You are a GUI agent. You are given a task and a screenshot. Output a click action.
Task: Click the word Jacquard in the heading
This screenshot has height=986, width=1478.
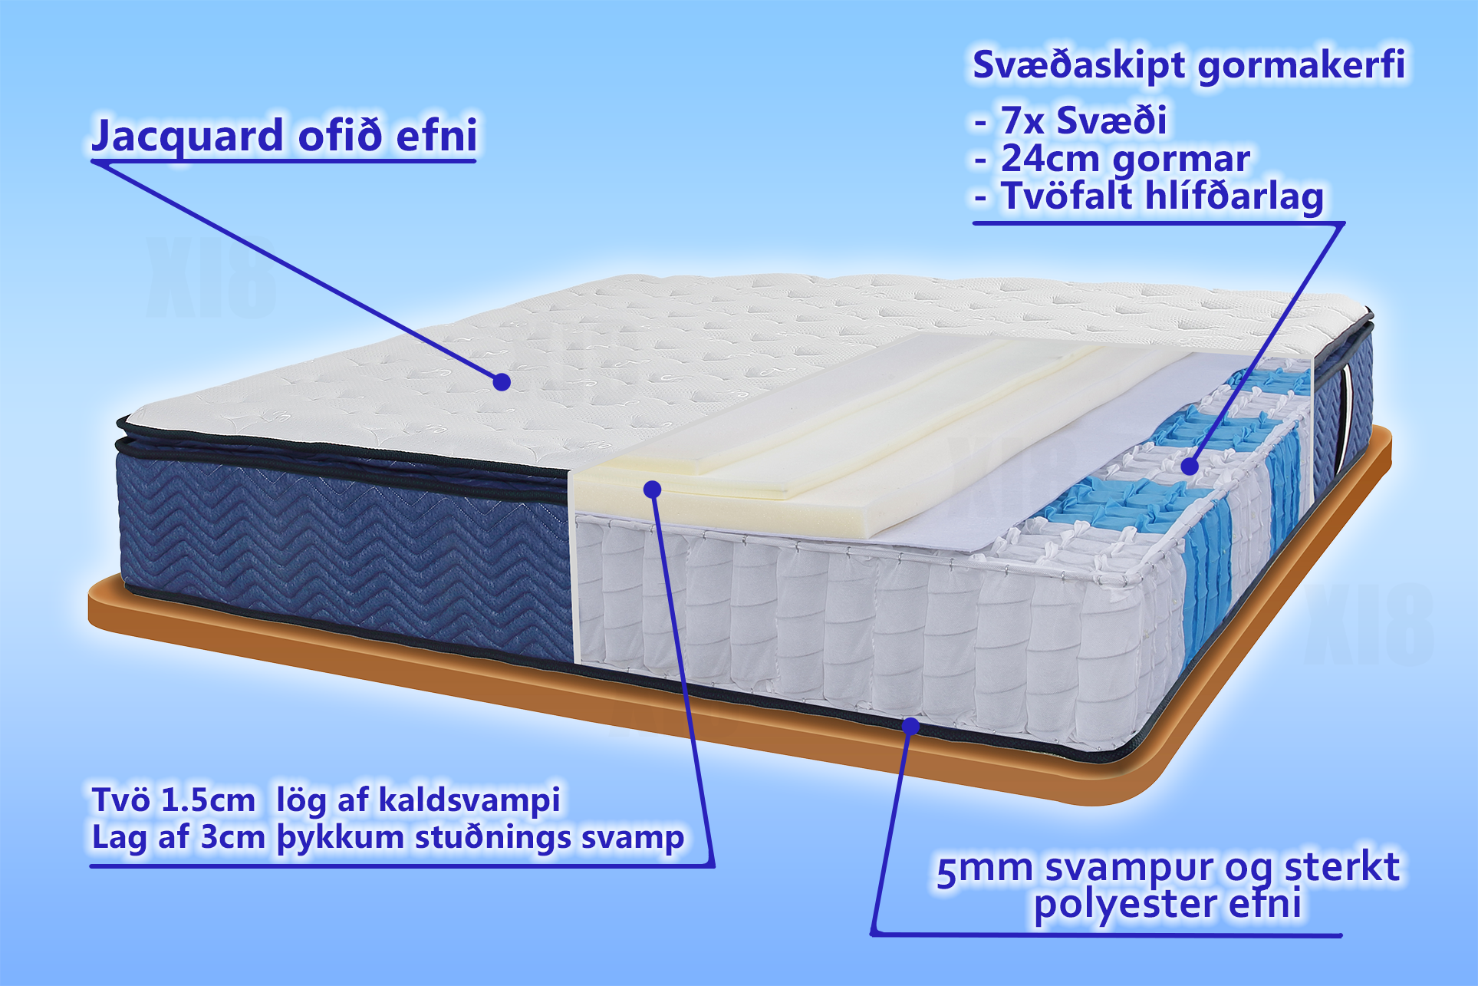(188, 137)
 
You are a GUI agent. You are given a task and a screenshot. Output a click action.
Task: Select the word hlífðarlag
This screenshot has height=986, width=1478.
(1234, 197)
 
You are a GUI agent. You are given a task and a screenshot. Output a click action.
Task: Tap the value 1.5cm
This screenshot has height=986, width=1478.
(207, 800)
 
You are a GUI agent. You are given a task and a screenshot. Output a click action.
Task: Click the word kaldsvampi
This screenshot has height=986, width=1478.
(469, 801)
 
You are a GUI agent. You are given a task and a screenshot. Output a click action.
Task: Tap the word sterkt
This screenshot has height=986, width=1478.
(1342, 868)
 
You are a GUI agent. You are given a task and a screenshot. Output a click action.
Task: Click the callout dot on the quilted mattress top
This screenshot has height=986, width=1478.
(502, 381)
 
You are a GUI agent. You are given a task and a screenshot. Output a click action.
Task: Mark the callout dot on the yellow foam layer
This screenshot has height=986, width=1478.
(653, 489)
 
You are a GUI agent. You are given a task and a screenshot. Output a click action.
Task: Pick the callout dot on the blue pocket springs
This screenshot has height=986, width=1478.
(1190, 466)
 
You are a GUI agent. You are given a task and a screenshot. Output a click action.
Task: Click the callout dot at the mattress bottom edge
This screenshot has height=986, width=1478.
(910, 725)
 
